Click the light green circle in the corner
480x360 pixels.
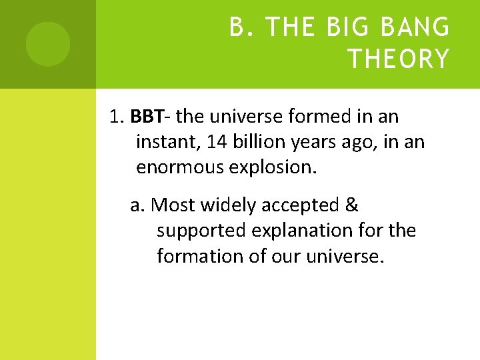point(48,44)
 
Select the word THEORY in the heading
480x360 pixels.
point(399,59)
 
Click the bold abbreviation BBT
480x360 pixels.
point(147,117)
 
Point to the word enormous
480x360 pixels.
point(180,167)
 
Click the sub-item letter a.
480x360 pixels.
point(138,205)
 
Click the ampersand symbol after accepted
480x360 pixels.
point(352,205)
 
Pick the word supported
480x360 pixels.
point(201,231)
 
